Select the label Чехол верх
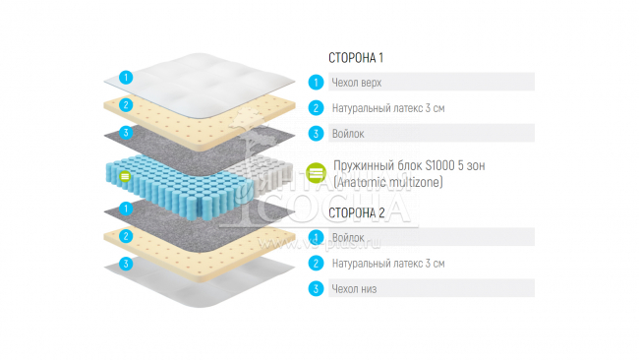tap(358, 83)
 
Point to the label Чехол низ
tap(355, 289)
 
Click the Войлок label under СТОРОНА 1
tap(349, 134)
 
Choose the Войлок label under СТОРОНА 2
tap(349, 238)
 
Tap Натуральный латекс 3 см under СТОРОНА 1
tap(388, 108)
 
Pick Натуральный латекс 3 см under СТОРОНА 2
tap(388, 264)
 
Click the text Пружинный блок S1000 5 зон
tap(408, 166)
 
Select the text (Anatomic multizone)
tap(388, 182)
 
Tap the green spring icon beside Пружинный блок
tap(316, 174)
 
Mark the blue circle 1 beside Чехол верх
tap(316, 83)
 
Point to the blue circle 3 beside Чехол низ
tap(316, 289)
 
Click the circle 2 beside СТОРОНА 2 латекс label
tap(316, 264)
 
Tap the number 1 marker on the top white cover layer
tap(125, 77)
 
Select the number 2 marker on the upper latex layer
tap(125, 105)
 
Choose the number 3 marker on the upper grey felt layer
tap(125, 133)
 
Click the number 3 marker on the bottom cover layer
tap(125, 264)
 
